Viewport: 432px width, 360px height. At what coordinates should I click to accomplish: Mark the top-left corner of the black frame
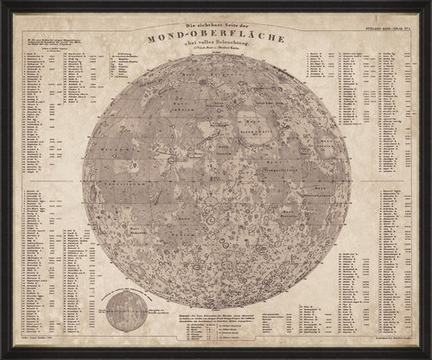3,3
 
